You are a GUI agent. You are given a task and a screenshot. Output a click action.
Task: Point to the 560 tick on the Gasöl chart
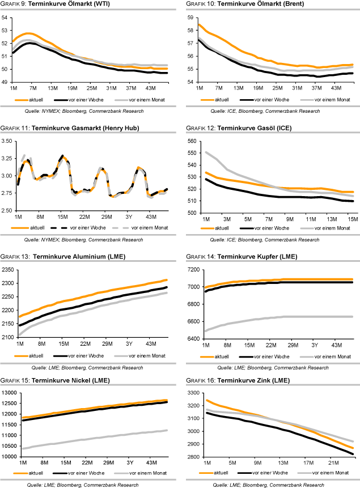point(191,141)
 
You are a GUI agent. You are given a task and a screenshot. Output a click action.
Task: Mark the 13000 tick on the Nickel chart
point(10,393)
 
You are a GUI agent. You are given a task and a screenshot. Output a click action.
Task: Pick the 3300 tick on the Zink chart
point(191,393)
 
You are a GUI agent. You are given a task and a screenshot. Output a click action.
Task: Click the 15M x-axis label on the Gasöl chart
point(353,218)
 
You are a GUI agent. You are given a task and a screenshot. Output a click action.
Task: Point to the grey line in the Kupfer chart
point(272,317)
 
